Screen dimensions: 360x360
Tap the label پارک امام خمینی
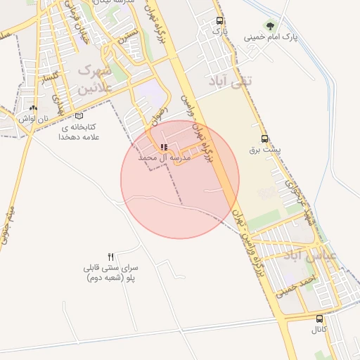coord(271,37)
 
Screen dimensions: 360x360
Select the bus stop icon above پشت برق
coord(264,139)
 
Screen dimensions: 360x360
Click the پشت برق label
coord(264,150)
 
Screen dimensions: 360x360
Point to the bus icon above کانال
coord(320,318)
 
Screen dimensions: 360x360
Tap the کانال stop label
coord(320,329)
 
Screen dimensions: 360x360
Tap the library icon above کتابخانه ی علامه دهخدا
coord(79,116)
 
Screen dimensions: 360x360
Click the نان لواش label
coord(32,119)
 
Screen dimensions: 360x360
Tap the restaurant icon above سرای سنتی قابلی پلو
coord(110,257)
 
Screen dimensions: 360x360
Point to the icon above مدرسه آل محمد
coord(164,148)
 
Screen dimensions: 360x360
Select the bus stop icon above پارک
coord(220,21)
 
